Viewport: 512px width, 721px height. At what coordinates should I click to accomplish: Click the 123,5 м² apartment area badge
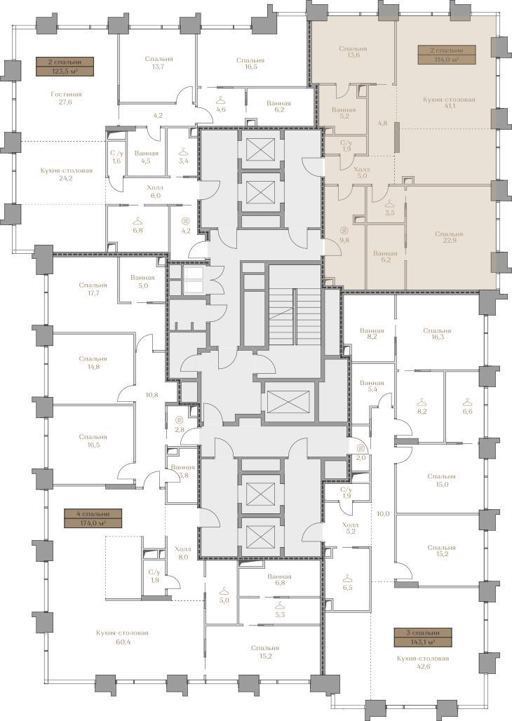tap(65, 66)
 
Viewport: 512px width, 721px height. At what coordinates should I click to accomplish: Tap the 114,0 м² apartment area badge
tap(446, 55)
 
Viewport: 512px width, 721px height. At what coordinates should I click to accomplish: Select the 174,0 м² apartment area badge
tap(93, 518)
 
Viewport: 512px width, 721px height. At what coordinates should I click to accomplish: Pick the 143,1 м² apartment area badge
tap(423, 638)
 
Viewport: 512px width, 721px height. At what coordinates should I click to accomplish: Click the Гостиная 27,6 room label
tap(66, 98)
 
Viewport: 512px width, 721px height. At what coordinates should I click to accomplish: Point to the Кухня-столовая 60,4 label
tap(122, 637)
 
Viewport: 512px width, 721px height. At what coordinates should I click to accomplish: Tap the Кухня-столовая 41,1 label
tap(448, 103)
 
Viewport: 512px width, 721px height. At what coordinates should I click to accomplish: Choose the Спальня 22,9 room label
tap(449, 238)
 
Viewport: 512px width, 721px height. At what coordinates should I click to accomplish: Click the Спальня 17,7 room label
tap(93, 289)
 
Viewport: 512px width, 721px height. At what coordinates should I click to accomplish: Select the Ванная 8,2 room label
tap(372, 334)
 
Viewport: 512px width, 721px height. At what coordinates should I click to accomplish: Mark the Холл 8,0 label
tap(182, 553)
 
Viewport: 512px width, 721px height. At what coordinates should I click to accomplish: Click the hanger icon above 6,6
tap(467, 403)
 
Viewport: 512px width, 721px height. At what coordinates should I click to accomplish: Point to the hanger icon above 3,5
tap(390, 203)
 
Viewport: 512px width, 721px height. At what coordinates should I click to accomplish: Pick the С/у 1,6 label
tap(117, 157)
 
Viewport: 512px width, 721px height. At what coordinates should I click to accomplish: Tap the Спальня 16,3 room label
tap(437, 334)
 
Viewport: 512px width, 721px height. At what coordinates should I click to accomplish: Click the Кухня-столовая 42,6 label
tap(423, 663)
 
